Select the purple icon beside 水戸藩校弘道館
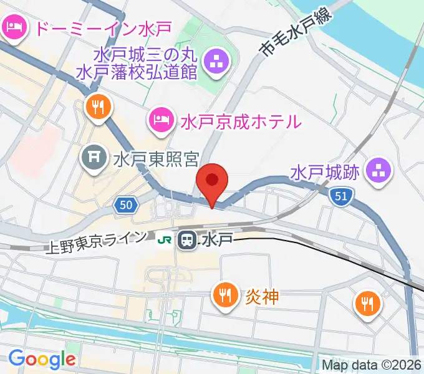point(217,62)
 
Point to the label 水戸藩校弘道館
point(137,72)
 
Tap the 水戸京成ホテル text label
point(241,120)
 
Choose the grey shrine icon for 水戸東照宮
point(94,158)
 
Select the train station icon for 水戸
point(186,239)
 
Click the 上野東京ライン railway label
point(97,242)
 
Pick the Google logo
point(42,359)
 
